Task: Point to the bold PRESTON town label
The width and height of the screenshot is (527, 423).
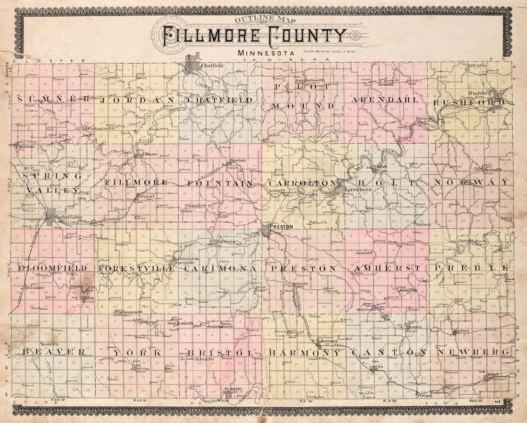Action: click(281, 227)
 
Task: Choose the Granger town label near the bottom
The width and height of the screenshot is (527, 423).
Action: click(233, 389)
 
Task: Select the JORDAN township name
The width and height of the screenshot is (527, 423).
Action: click(137, 101)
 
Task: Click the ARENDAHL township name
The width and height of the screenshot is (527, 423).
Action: click(385, 100)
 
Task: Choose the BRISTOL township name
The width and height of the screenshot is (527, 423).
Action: click(219, 353)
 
